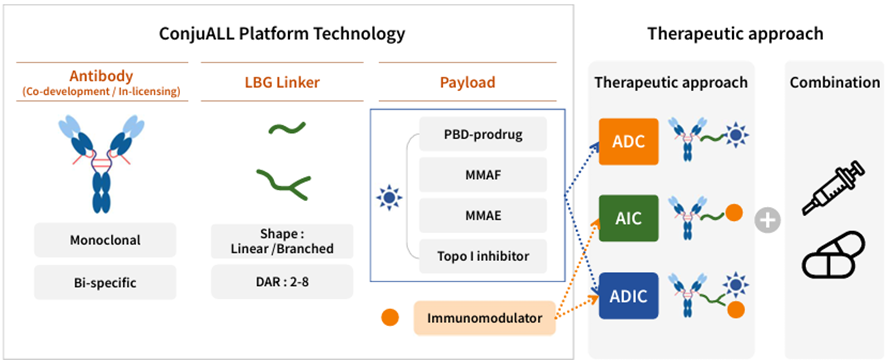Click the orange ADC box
pyautogui.click(x=629, y=141)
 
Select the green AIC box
pyautogui.click(x=629, y=218)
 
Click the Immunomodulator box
pyautogui.click(x=485, y=318)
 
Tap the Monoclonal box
pyautogui.click(x=105, y=240)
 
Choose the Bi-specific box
pyautogui.click(x=105, y=282)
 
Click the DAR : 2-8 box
pyautogui.click(x=282, y=281)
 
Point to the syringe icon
pyautogui.click(x=833, y=187)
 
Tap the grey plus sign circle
pyautogui.click(x=768, y=220)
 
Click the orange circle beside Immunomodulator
pyautogui.click(x=390, y=317)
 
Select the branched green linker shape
pyautogui.click(x=283, y=184)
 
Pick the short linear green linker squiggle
pyautogui.click(x=287, y=128)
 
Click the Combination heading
pyautogui.click(x=835, y=83)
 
